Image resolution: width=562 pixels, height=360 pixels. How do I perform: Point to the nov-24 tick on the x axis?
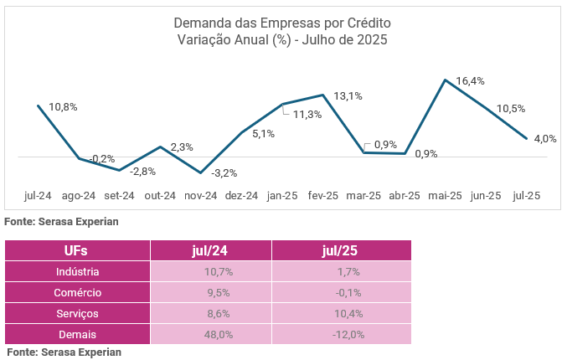point(201,196)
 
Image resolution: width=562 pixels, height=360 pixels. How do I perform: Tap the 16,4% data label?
point(470,81)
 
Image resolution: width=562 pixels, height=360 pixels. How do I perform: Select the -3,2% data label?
point(224,173)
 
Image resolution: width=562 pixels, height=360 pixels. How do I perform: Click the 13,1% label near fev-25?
point(348,96)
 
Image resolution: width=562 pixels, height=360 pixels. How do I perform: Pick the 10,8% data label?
point(63,107)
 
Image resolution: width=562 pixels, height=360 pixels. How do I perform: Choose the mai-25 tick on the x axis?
point(445,196)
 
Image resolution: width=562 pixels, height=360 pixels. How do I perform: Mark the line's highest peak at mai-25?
point(445,80)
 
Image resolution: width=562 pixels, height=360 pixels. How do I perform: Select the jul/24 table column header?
point(211,250)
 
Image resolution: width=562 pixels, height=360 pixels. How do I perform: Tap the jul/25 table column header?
point(341,250)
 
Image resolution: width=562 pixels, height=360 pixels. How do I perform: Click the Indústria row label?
point(77,272)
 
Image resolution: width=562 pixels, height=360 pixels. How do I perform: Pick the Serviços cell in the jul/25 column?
point(341,314)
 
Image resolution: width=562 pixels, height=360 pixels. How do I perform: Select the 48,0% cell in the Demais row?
point(211,335)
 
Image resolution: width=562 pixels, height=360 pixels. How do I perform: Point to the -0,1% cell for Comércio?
point(341,293)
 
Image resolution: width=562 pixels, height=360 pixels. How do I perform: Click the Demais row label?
point(77,335)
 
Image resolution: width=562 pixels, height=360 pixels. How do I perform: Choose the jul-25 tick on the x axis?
point(526,196)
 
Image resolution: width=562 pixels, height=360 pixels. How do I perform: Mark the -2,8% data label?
point(143,172)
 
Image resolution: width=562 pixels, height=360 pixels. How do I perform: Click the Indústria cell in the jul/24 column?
point(211,272)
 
